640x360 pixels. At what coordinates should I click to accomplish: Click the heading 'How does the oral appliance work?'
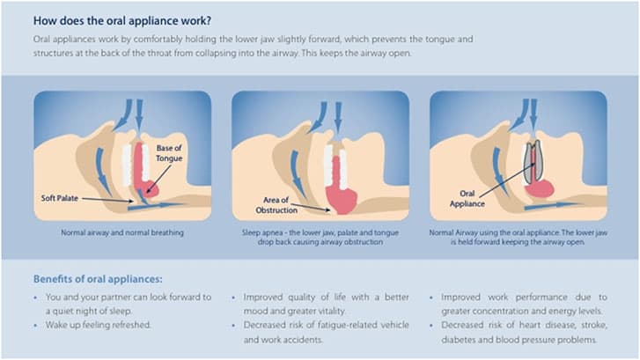122,21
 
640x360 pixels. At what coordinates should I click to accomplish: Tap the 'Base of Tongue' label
169,153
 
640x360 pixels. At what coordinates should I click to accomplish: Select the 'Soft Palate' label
60,198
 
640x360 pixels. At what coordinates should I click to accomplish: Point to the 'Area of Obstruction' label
276,205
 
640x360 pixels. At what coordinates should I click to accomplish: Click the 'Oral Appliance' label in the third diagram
467,198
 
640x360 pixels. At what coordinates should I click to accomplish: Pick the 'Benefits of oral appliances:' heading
98,279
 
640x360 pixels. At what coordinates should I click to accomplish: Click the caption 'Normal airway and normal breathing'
122,232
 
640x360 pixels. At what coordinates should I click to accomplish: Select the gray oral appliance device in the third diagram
533,162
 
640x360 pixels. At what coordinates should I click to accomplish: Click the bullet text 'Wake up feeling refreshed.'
99,325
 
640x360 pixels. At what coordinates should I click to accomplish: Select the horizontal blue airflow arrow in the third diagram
551,206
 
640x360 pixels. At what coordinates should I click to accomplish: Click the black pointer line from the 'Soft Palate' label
107,200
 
